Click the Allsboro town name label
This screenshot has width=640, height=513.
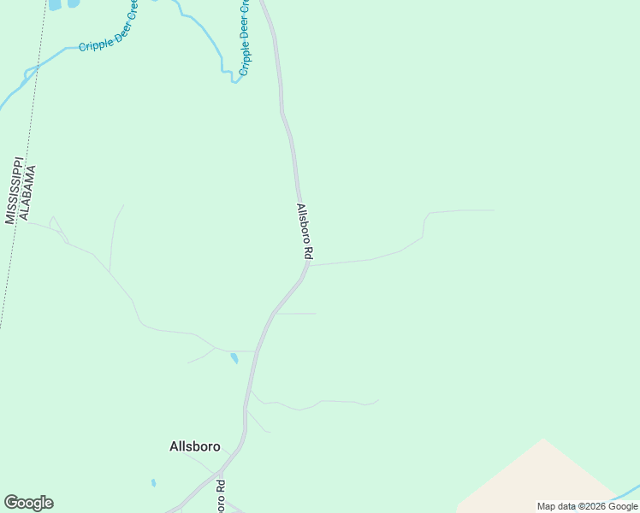pyautogui.click(x=195, y=446)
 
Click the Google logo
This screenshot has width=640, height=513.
pyautogui.click(x=28, y=503)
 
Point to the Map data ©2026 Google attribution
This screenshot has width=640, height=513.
pyautogui.click(x=587, y=506)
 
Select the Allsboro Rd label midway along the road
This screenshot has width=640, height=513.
pyautogui.click(x=305, y=231)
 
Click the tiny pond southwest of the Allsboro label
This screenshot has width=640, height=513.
pyautogui.click(x=154, y=483)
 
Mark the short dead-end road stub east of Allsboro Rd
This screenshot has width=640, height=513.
pyautogui.click(x=296, y=314)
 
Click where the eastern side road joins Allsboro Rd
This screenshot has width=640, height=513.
pyautogui.click(x=309, y=265)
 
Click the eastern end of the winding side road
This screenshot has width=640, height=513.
pyautogui.click(x=494, y=209)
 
